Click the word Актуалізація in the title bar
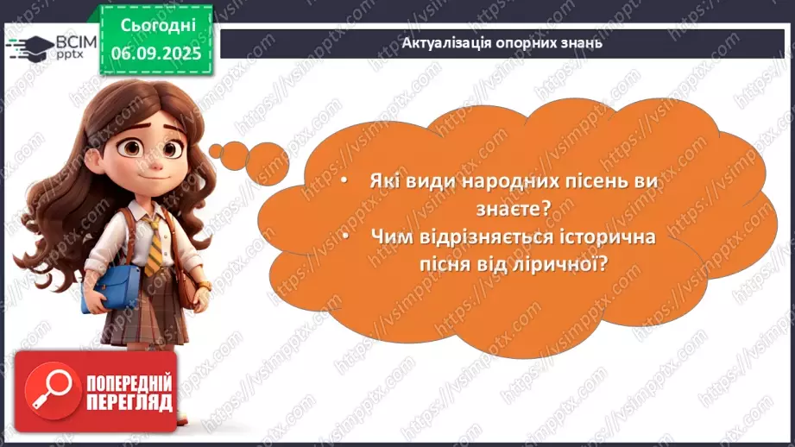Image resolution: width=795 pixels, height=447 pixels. (x=445, y=42)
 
